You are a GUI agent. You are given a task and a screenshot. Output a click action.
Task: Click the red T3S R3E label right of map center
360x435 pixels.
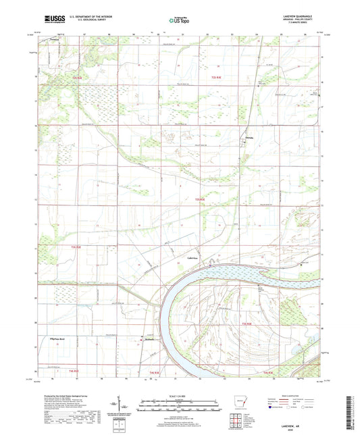(199, 200)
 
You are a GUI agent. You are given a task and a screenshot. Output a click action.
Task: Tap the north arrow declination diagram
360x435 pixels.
(120, 409)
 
